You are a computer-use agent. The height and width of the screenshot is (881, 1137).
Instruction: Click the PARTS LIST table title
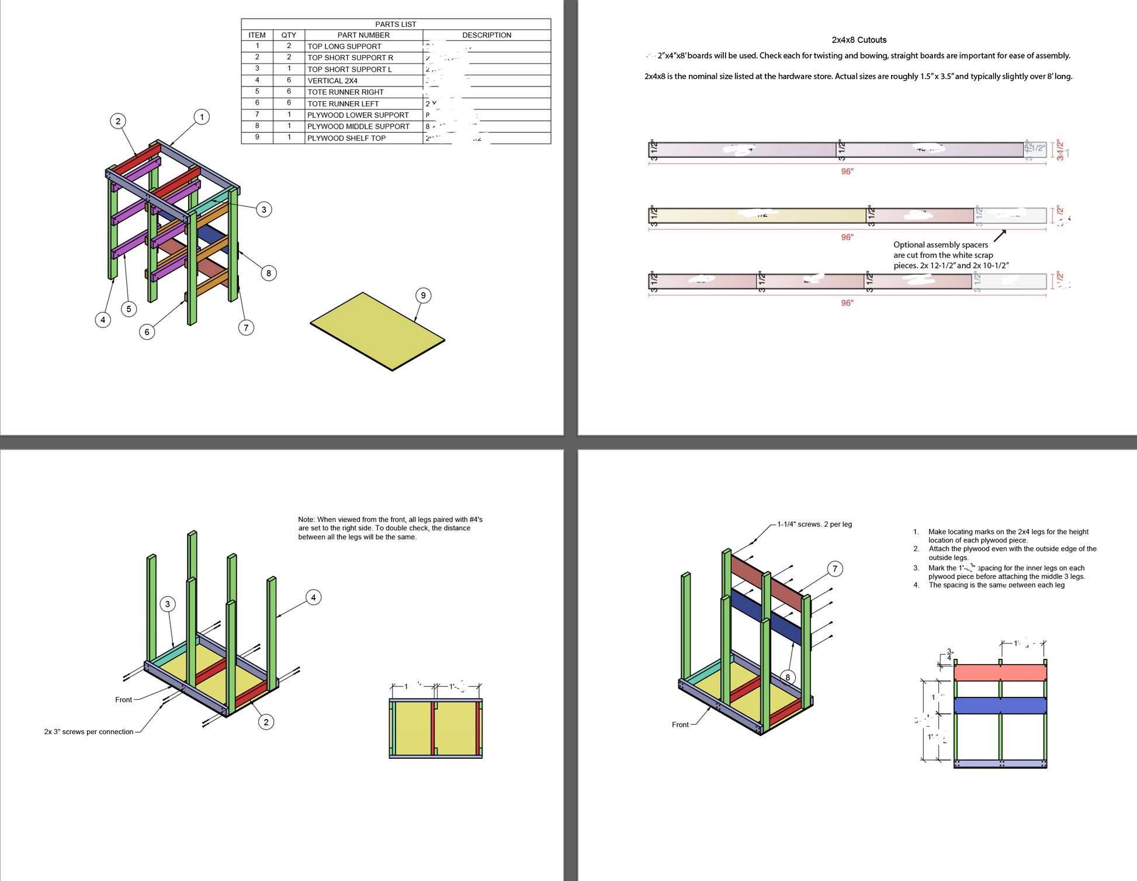click(396, 24)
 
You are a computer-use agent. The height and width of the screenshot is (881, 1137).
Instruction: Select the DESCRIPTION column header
click(486, 35)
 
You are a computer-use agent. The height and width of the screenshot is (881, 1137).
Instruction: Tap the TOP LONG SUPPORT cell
click(344, 46)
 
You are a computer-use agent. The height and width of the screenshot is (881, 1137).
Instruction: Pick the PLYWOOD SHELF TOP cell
click(346, 138)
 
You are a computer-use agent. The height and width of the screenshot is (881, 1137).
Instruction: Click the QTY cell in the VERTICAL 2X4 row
click(289, 80)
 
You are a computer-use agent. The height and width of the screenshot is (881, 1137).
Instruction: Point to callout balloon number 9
click(423, 295)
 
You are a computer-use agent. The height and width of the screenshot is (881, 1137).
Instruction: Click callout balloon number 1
click(202, 117)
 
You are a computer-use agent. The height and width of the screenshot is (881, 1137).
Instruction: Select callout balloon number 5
click(129, 309)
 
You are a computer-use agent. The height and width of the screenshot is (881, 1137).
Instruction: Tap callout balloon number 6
click(147, 332)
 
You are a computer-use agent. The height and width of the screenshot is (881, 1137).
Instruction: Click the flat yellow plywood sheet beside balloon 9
click(377, 330)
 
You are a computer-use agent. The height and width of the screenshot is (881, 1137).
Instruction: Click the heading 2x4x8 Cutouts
click(859, 40)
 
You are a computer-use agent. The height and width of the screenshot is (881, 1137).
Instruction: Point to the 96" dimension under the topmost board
click(847, 171)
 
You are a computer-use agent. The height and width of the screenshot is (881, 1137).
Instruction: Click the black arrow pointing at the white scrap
click(1000, 235)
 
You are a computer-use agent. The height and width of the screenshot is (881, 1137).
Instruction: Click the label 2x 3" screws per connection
click(89, 731)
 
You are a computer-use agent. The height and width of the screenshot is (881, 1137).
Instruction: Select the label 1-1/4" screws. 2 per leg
click(814, 524)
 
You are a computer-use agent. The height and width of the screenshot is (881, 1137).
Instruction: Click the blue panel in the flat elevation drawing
click(1000, 705)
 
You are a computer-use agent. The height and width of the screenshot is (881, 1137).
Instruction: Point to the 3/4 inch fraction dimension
click(950, 655)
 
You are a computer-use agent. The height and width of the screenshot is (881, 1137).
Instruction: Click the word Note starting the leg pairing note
click(306, 519)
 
